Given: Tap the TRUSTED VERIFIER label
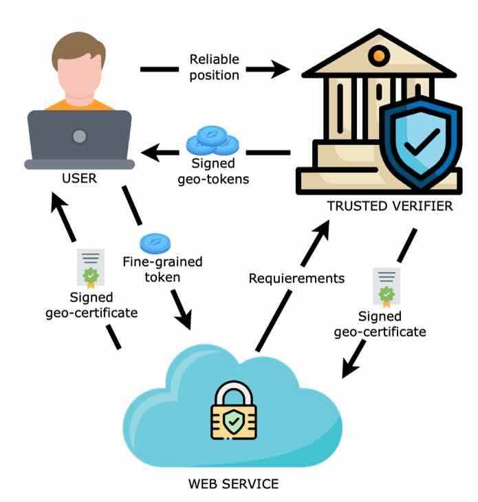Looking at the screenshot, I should [390, 206].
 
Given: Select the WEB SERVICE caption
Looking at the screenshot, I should [234, 483].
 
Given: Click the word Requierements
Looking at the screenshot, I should [296, 279].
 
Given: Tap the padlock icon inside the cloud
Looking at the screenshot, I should [234, 411].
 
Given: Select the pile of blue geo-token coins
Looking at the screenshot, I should [212, 142].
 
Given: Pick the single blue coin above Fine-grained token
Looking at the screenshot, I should [155, 243].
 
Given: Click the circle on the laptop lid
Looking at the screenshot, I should [80, 135].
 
